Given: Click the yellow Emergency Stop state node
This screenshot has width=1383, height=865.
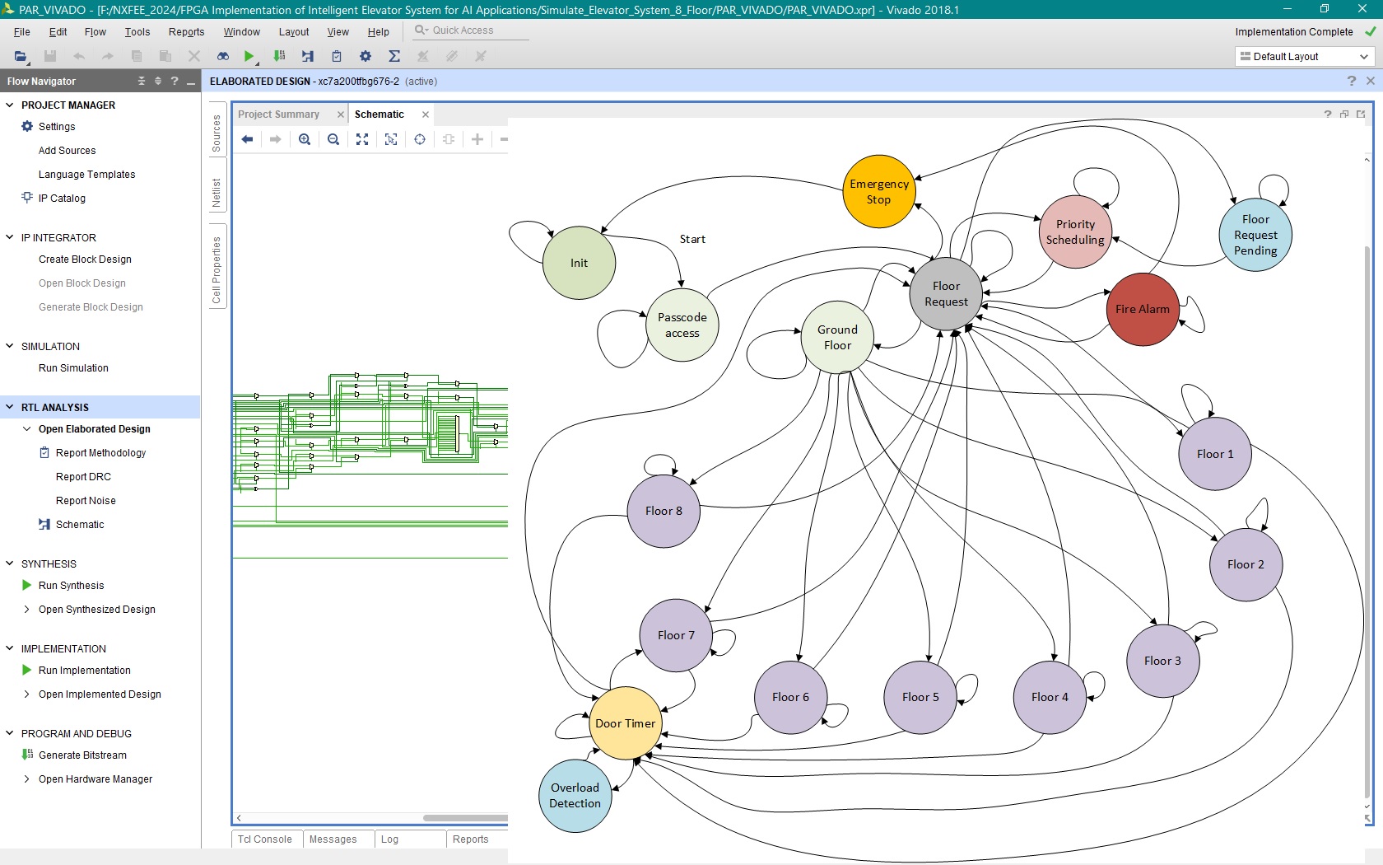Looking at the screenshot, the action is click(x=878, y=191).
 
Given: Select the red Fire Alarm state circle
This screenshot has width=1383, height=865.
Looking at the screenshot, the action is click(x=1143, y=309).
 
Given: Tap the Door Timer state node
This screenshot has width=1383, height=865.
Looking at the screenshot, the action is click(x=625, y=723).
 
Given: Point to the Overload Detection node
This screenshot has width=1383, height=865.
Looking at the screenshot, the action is click(x=575, y=795).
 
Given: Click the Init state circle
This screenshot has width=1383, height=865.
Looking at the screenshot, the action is click(x=579, y=263).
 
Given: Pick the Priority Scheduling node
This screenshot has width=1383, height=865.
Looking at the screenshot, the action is click(x=1075, y=231).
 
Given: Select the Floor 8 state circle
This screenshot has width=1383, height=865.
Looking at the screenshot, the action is click(x=664, y=511).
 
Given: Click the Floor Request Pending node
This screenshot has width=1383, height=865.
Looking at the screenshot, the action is click(x=1255, y=235).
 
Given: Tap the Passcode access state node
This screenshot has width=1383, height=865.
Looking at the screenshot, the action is click(x=682, y=325).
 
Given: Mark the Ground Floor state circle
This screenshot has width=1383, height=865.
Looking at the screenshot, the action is click(x=837, y=338).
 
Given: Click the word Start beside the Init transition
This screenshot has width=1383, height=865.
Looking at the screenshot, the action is click(x=692, y=239).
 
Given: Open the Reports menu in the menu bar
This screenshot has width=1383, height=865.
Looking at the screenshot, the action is click(x=186, y=31).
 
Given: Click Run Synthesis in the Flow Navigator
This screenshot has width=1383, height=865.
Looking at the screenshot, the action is click(x=71, y=585).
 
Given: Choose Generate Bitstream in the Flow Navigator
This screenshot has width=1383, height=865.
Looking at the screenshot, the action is click(x=82, y=755).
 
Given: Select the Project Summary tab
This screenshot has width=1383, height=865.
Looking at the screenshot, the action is click(x=278, y=115).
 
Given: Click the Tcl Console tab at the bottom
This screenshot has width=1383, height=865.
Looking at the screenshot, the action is click(x=264, y=839).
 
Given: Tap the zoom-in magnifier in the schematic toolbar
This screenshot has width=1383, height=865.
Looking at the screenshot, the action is click(x=305, y=140).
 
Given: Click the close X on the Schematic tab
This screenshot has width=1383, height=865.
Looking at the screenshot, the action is click(x=426, y=115).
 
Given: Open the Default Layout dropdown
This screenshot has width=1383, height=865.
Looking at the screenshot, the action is click(x=1304, y=56).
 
